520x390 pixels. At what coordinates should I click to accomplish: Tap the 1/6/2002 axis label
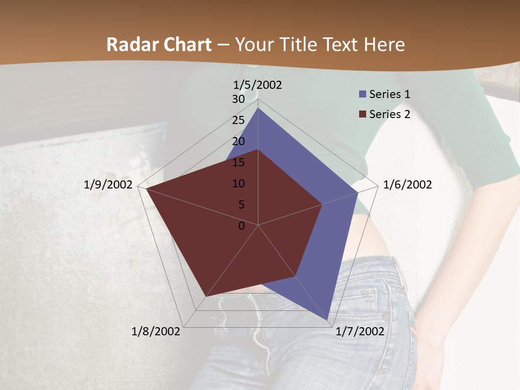407,185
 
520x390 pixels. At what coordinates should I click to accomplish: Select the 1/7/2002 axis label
360,331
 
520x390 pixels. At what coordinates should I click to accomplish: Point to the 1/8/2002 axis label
156,331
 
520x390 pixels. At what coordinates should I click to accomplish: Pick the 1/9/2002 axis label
108,185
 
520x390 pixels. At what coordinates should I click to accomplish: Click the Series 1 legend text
389,94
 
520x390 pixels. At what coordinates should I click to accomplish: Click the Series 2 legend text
389,114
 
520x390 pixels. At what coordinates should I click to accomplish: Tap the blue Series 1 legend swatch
362,94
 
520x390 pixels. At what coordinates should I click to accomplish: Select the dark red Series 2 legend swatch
362,114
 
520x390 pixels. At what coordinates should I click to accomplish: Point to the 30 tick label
238,99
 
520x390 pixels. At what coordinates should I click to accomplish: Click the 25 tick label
238,120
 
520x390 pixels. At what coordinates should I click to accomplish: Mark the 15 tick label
238,162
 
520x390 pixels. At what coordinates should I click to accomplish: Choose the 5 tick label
241,205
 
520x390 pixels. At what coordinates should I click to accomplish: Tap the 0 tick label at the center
242,226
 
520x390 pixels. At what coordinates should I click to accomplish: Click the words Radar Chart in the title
159,44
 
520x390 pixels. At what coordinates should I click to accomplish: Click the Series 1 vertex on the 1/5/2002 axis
258,108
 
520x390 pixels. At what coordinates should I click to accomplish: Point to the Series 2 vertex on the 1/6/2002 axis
322,204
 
